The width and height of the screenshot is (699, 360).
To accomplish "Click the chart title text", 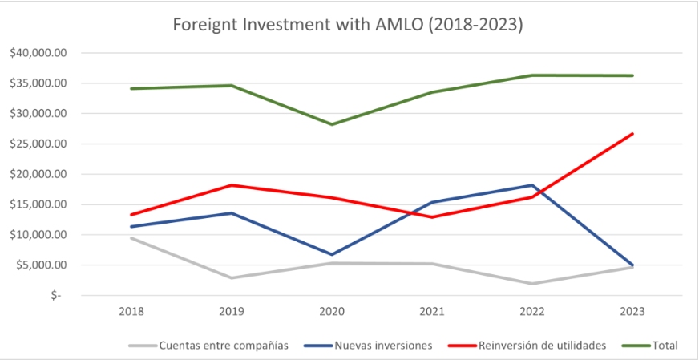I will click(349, 25).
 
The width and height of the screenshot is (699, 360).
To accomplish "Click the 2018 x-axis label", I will click(131, 311).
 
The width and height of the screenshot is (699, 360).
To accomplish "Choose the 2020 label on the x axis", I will click(331, 311).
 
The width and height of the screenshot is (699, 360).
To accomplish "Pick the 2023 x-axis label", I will click(632, 311).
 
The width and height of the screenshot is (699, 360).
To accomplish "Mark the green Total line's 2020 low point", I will click(332, 124).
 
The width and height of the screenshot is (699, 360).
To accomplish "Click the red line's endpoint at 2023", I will click(632, 134).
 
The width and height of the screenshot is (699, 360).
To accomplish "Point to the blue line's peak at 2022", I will click(532, 185).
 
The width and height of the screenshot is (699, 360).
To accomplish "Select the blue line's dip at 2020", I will click(332, 255).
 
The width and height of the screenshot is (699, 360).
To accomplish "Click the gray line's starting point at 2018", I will click(131, 238).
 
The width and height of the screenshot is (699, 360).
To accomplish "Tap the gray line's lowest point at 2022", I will click(532, 284).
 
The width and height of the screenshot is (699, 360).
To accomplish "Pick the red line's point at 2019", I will click(232, 185).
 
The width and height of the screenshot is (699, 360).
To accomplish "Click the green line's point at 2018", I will click(131, 88).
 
